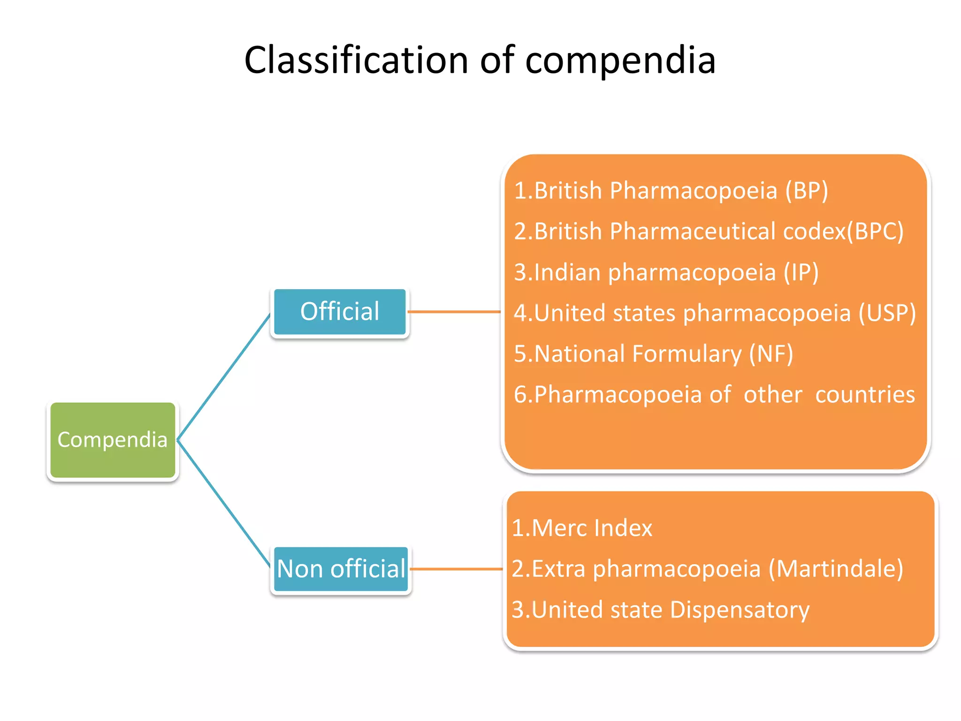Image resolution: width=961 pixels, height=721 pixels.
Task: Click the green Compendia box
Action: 112,440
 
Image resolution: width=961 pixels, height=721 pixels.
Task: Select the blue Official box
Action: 340,312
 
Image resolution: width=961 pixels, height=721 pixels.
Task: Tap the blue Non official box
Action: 341,569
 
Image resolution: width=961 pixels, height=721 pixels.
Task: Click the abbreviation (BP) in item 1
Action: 807,191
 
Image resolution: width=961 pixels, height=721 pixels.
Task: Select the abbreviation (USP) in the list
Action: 886,313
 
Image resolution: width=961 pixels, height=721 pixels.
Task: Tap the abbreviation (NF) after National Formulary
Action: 770,354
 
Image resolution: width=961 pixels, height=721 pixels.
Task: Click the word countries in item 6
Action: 865,394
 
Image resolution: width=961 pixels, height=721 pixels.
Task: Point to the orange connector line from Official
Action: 454,312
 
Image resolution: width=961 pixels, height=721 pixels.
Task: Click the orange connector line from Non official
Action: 456,569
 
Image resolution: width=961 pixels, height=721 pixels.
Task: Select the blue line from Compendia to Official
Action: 223,377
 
